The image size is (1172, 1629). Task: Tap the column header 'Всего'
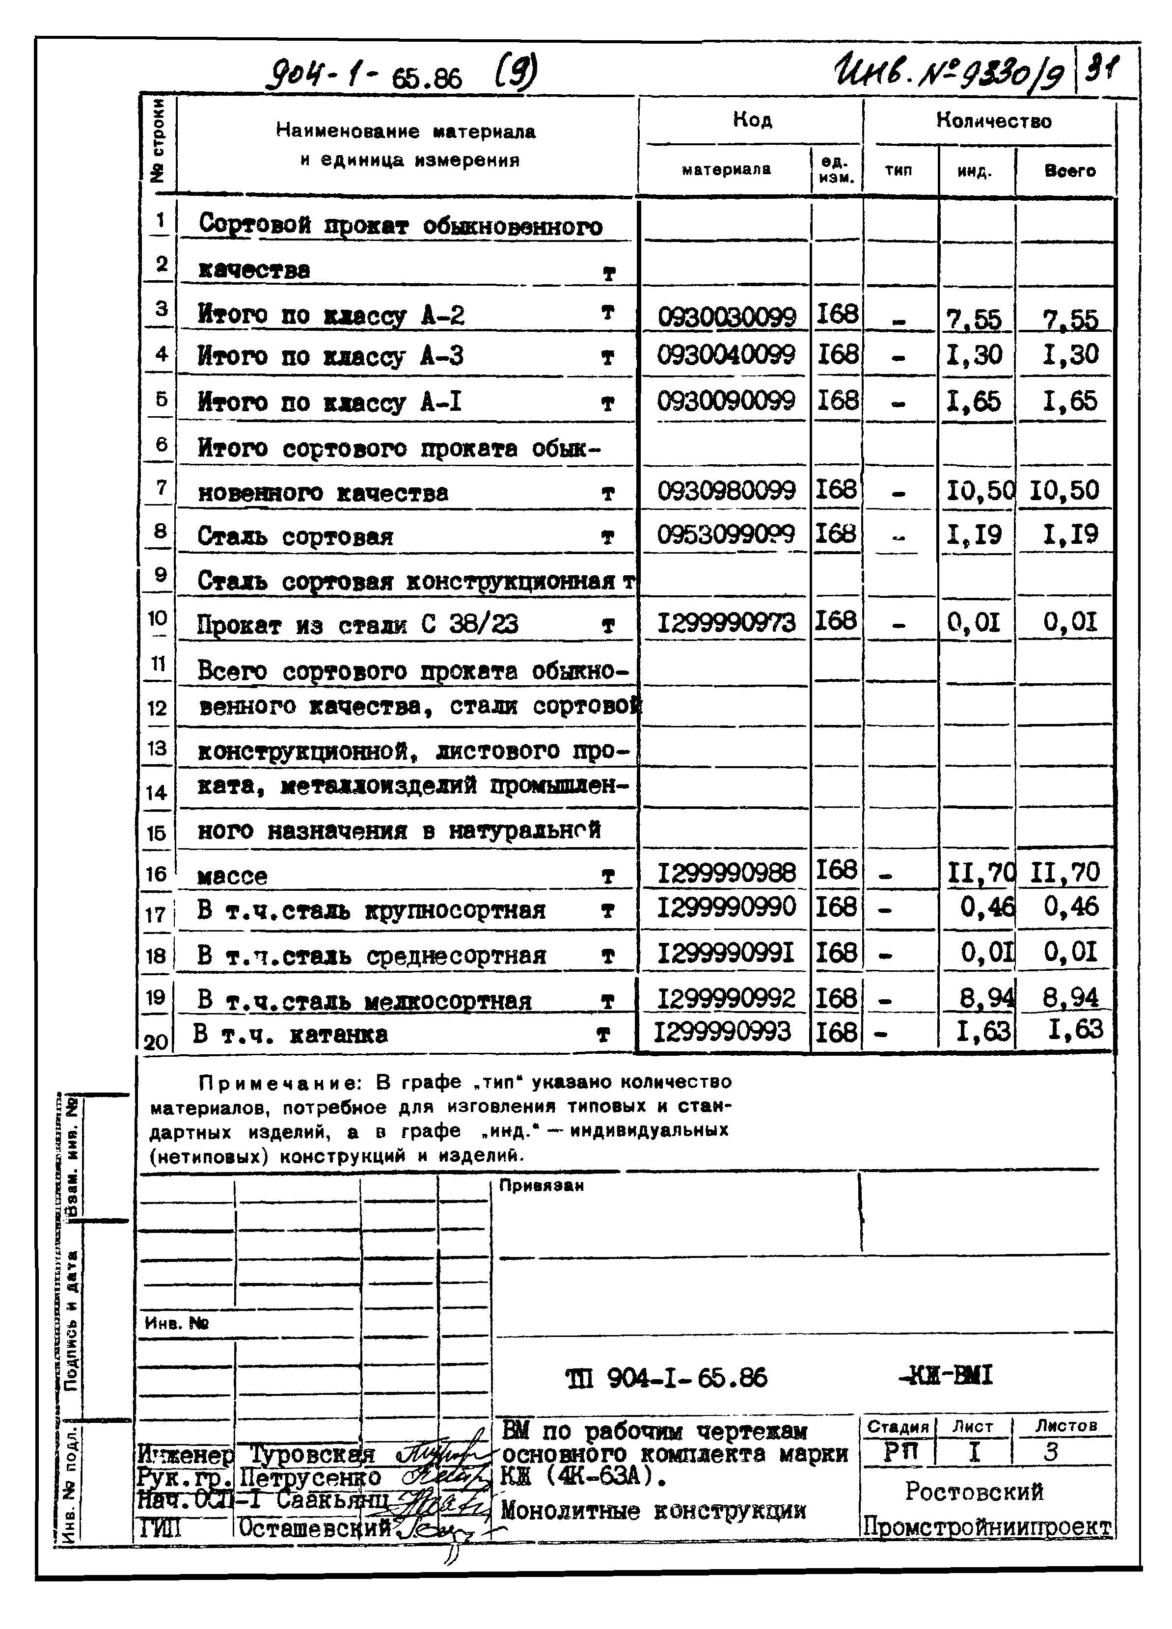coord(1069,171)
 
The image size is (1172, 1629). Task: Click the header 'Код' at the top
coord(752,119)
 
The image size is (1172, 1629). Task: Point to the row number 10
coord(158,618)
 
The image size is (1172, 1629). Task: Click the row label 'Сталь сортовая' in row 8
coord(296,536)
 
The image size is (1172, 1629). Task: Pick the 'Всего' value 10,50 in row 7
coord(1064,491)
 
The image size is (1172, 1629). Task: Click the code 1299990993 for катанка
coord(722,1032)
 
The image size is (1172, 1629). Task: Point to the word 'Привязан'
coord(541,1186)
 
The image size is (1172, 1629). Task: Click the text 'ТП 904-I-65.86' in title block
coord(667,1376)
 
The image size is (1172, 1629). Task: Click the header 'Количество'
coord(993,121)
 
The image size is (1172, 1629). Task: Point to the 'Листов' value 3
coord(1051,1452)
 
